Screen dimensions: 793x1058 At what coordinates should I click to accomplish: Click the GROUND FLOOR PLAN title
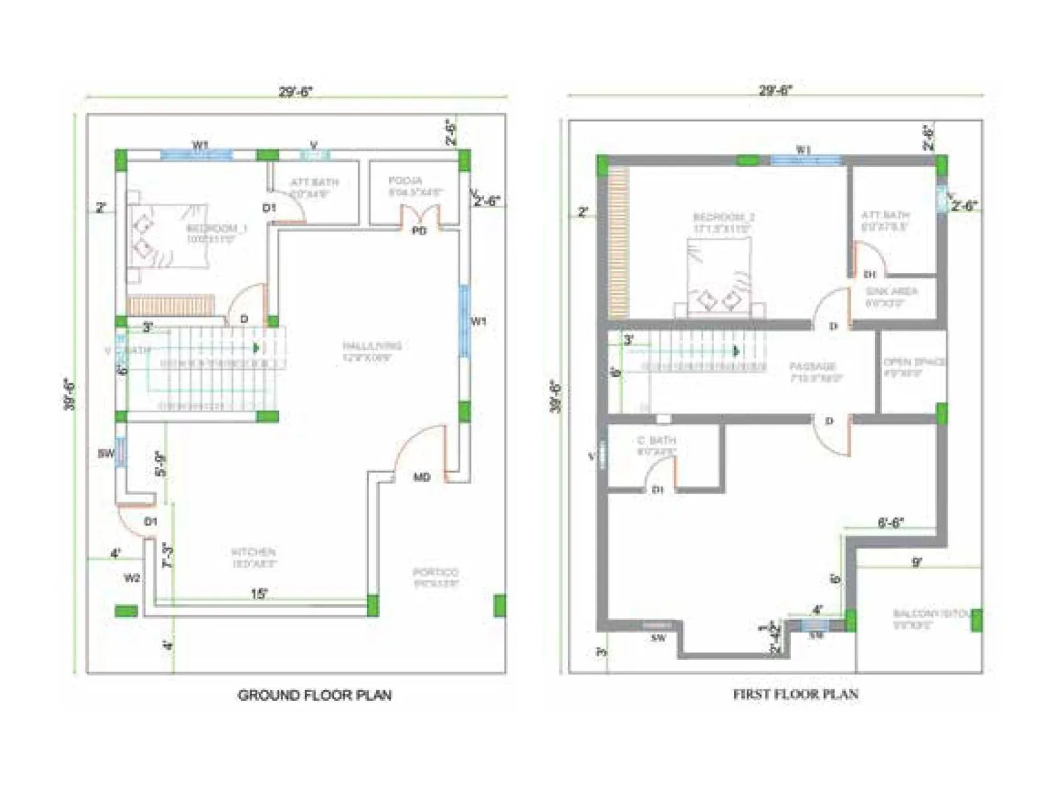pyautogui.click(x=314, y=695)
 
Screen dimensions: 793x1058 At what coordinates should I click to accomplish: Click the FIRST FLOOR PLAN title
pyautogui.click(x=795, y=694)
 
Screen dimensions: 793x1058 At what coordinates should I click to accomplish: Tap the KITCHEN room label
pyautogui.click(x=253, y=552)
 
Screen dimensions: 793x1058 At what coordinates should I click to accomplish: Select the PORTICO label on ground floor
pyautogui.click(x=435, y=572)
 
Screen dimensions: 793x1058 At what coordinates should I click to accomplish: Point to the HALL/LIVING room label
pyautogui.click(x=372, y=346)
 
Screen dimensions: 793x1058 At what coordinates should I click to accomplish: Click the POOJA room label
pyautogui.click(x=405, y=180)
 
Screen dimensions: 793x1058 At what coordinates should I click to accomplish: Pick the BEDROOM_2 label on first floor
pyautogui.click(x=724, y=217)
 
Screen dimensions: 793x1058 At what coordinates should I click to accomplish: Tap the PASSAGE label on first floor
pyautogui.click(x=813, y=366)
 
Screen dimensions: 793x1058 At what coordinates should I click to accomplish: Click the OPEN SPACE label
pyautogui.click(x=915, y=362)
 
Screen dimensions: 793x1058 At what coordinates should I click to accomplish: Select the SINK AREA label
pyautogui.click(x=891, y=291)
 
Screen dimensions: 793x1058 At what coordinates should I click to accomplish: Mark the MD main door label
pyautogui.click(x=422, y=477)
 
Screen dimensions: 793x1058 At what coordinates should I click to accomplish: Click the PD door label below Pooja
pyautogui.click(x=419, y=231)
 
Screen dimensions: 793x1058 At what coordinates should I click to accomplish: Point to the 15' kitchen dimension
pyautogui.click(x=259, y=593)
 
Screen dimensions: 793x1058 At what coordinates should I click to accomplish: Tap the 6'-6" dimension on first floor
pyautogui.click(x=890, y=523)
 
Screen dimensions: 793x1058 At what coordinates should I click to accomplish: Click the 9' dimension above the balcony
pyautogui.click(x=916, y=562)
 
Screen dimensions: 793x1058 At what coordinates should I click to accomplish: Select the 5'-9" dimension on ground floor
pyautogui.click(x=160, y=464)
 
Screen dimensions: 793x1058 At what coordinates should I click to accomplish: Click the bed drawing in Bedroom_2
pyautogui.click(x=719, y=278)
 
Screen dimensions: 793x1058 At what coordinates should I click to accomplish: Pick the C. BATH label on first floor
pyautogui.click(x=656, y=441)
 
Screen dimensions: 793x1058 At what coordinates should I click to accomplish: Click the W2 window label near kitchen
pyautogui.click(x=132, y=578)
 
